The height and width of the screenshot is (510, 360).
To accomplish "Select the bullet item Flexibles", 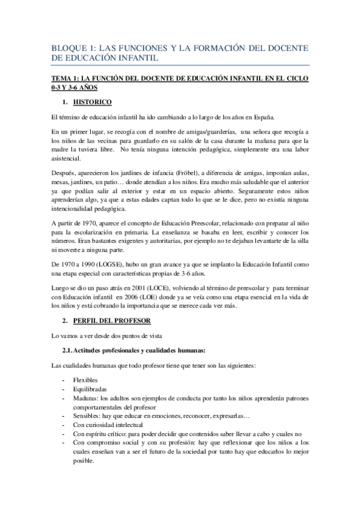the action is point(84,381).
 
